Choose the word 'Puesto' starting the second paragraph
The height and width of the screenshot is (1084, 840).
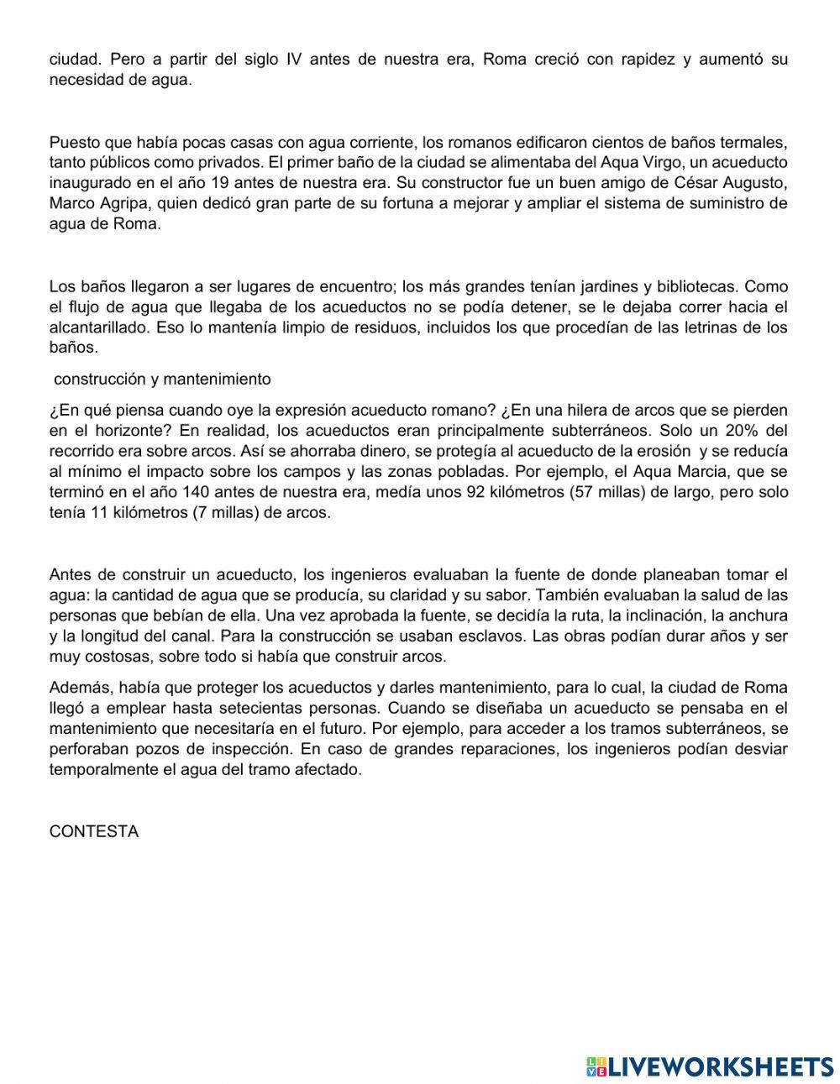73,142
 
